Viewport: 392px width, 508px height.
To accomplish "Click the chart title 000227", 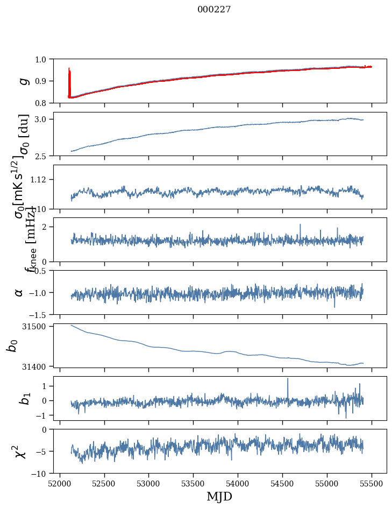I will coord(214,9).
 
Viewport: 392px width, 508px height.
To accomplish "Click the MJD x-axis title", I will coord(219,497).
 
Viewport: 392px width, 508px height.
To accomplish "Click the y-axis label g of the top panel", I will coord(23,81).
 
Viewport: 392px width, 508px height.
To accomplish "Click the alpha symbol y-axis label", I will coord(19,292).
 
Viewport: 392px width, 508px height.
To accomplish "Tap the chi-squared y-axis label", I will coord(20,451).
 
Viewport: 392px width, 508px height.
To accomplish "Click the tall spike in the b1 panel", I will coord(288,379).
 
